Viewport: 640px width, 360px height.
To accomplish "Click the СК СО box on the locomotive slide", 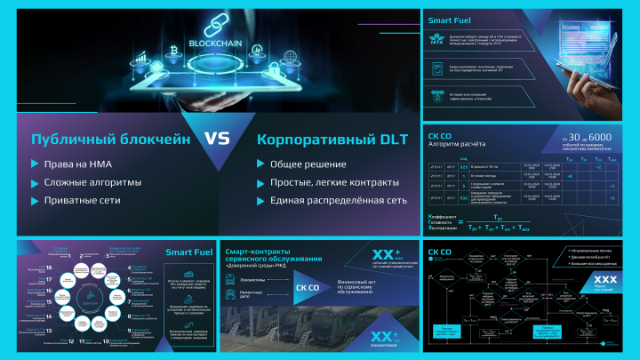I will coord(308,287).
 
